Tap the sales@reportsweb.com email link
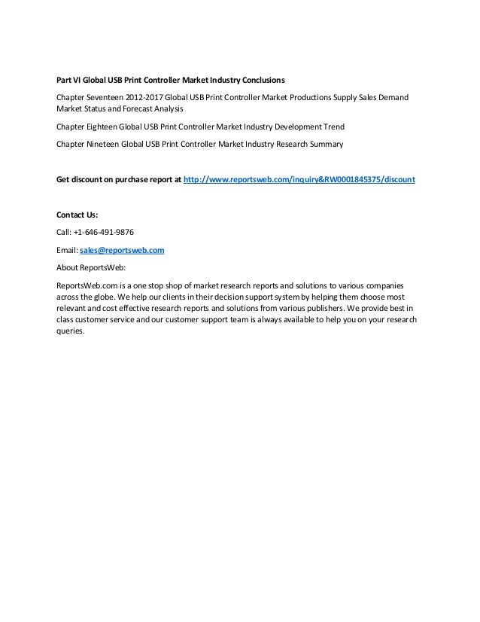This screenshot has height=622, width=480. pyautogui.click(x=122, y=249)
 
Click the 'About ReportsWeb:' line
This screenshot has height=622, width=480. pyautogui.click(x=91, y=267)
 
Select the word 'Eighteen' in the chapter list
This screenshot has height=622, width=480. pyautogui.click(x=108, y=126)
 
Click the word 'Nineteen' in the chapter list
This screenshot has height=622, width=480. pyautogui.click(x=109, y=144)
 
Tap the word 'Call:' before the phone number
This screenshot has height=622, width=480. pyautogui.click(x=66, y=232)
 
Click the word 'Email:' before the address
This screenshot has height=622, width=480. pyautogui.click(x=68, y=249)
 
